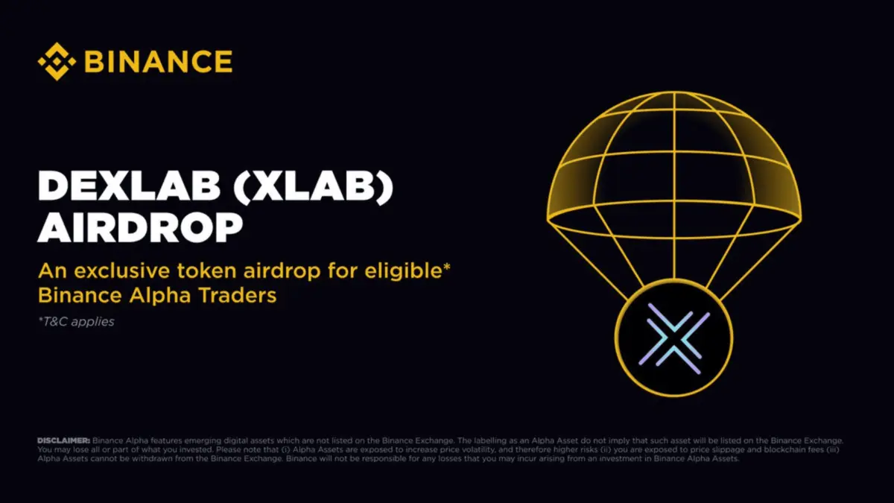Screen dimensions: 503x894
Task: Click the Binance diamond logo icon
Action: [57, 61]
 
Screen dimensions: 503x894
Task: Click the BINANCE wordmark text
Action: [158, 62]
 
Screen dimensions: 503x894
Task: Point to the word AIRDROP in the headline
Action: [140, 229]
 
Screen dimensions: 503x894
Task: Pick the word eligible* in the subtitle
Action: [409, 271]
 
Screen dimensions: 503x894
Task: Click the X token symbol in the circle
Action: [673, 343]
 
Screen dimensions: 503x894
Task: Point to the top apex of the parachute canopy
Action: [673, 93]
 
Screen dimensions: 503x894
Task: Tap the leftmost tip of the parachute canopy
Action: [548, 218]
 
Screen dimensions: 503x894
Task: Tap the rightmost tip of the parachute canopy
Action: [801, 218]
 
